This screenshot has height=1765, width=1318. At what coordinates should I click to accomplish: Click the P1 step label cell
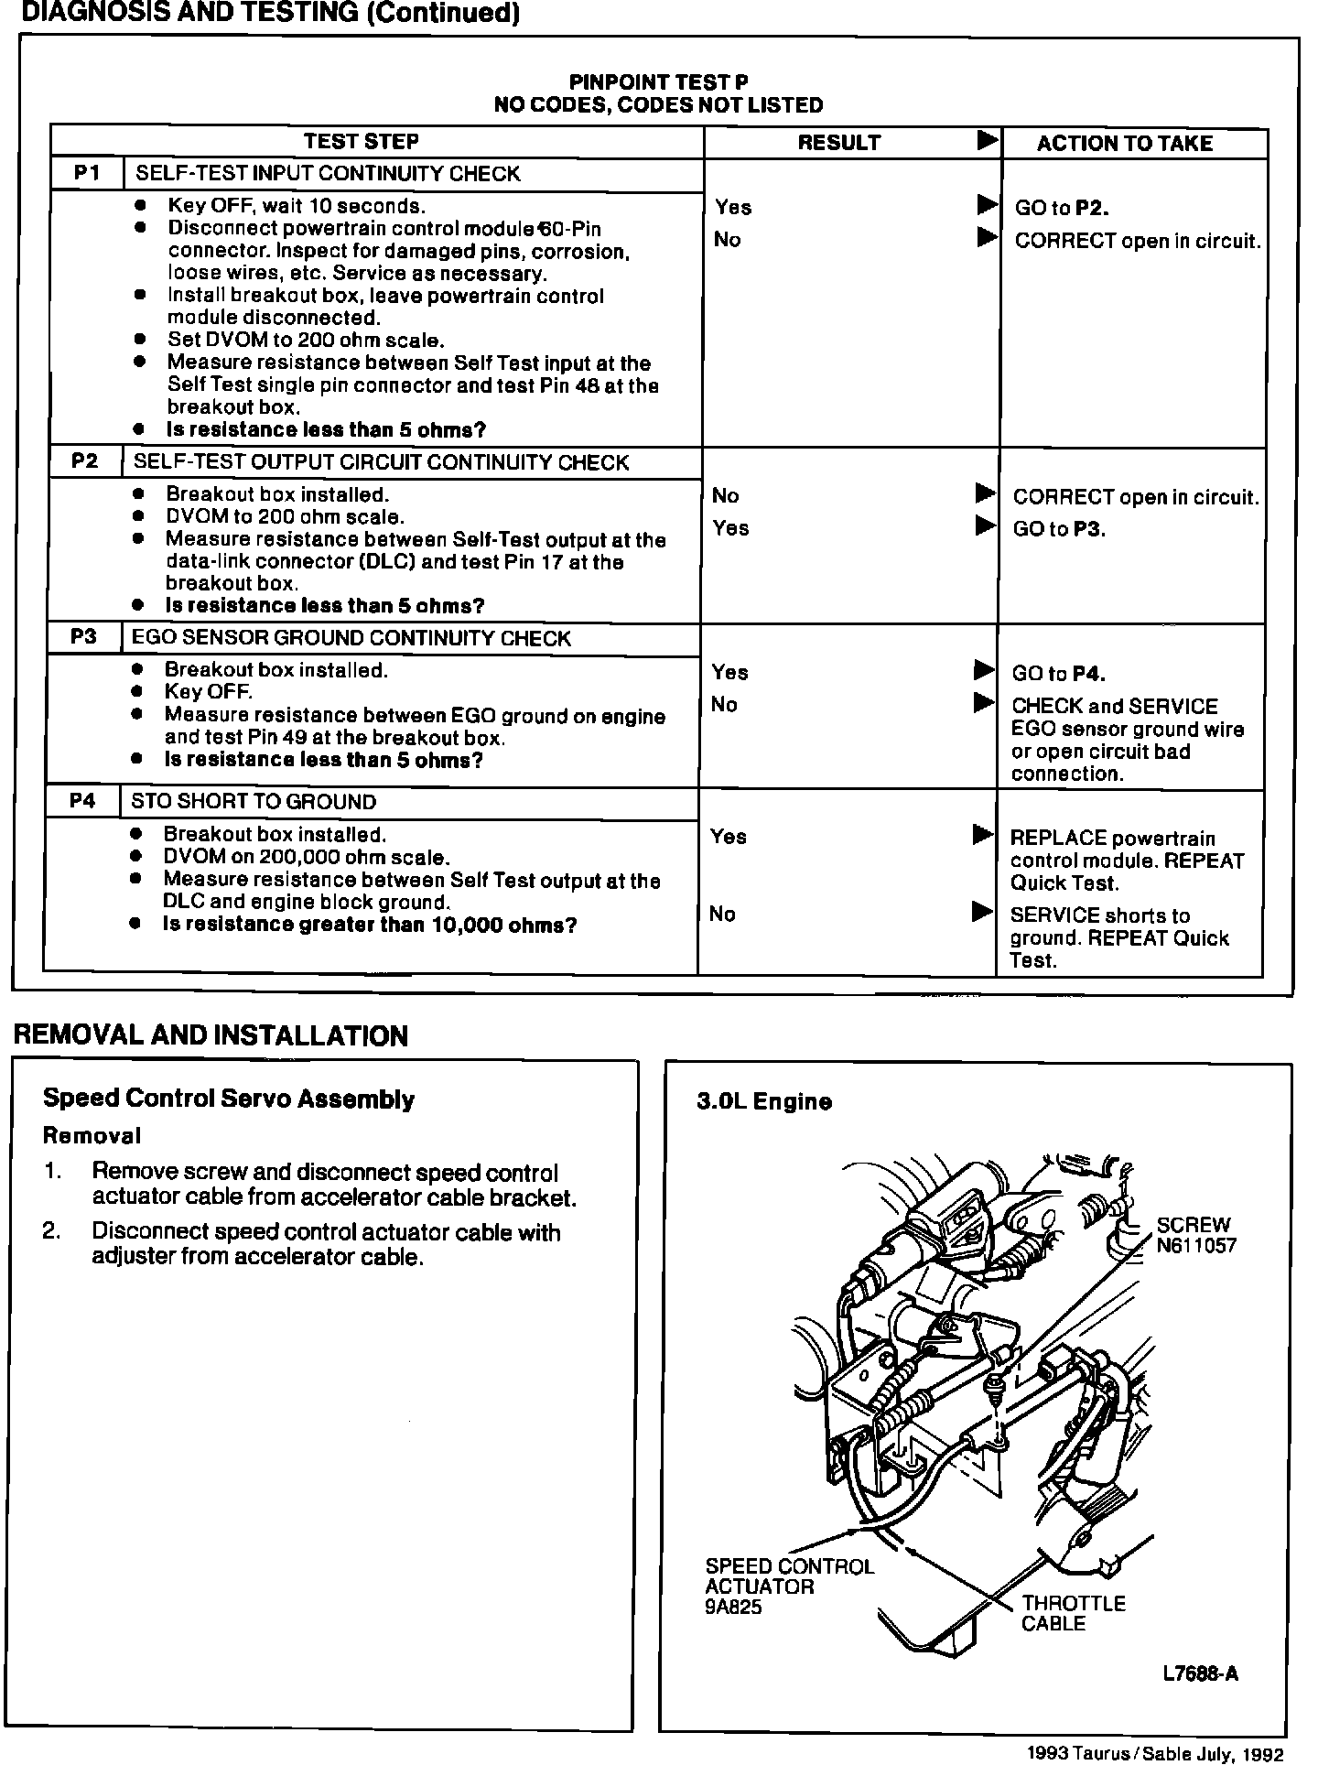tap(87, 173)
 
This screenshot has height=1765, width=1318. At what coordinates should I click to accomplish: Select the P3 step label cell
tap(83, 637)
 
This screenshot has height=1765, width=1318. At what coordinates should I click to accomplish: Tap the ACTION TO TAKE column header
tap(1124, 143)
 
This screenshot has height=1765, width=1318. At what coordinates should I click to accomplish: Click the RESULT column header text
tap(838, 143)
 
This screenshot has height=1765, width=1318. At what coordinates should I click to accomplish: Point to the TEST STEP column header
tap(362, 141)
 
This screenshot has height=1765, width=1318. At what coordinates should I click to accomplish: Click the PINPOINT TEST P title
tap(658, 82)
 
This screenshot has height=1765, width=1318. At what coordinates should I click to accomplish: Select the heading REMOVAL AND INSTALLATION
tap(210, 1035)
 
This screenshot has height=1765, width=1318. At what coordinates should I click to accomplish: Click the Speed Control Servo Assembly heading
tap(229, 1099)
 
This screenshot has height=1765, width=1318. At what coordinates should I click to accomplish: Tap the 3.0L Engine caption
tap(764, 1101)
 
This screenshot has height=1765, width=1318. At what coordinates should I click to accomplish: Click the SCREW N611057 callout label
tap(1195, 1235)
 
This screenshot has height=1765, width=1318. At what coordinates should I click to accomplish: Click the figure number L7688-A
tap(1200, 1673)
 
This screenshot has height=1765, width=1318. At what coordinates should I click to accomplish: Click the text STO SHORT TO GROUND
tap(254, 802)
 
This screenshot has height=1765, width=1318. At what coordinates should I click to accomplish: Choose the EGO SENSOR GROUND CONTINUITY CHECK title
tap(351, 638)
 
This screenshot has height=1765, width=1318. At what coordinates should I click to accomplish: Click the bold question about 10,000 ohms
tap(370, 925)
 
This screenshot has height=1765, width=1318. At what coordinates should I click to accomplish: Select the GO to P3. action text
tap(1059, 529)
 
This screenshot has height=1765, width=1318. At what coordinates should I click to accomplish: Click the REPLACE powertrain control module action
tap(1126, 861)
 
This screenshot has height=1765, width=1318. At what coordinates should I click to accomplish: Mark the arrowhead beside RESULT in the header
tap(987, 140)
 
